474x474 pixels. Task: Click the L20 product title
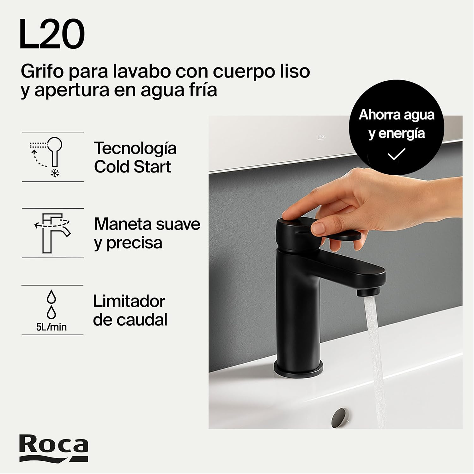[52, 34]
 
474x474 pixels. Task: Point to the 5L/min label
[52, 327]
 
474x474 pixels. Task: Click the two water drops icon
[52, 304]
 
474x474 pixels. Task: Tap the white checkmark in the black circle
[396, 154]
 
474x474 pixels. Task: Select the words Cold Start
[132, 167]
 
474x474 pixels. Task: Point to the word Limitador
[129, 301]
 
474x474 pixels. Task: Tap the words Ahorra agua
[397, 115]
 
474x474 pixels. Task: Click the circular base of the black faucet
[298, 369]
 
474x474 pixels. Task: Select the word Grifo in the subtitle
[42, 72]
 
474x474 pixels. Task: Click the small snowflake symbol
[55, 173]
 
